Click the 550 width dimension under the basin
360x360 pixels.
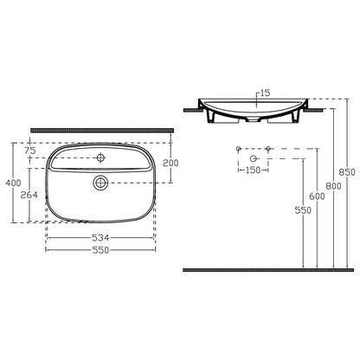(100, 250)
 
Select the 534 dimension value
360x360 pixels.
(100, 238)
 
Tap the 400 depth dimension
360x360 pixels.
(14, 183)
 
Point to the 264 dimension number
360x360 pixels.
(29, 195)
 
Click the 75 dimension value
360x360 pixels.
(29, 151)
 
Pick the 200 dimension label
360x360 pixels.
(170, 163)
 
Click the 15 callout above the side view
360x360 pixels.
(265, 93)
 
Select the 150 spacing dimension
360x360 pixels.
(253, 170)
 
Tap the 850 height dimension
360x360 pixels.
(347, 172)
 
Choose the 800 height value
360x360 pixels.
(333, 186)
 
